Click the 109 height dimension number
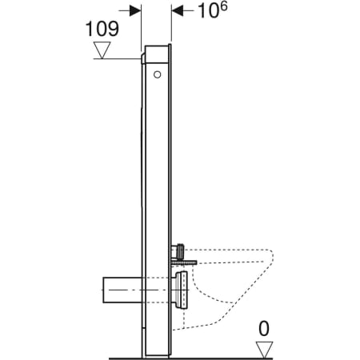[102, 29]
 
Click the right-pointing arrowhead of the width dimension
[136, 12]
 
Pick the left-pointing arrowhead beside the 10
[178, 12]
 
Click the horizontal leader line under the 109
[120, 58]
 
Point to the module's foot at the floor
[156, 354]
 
